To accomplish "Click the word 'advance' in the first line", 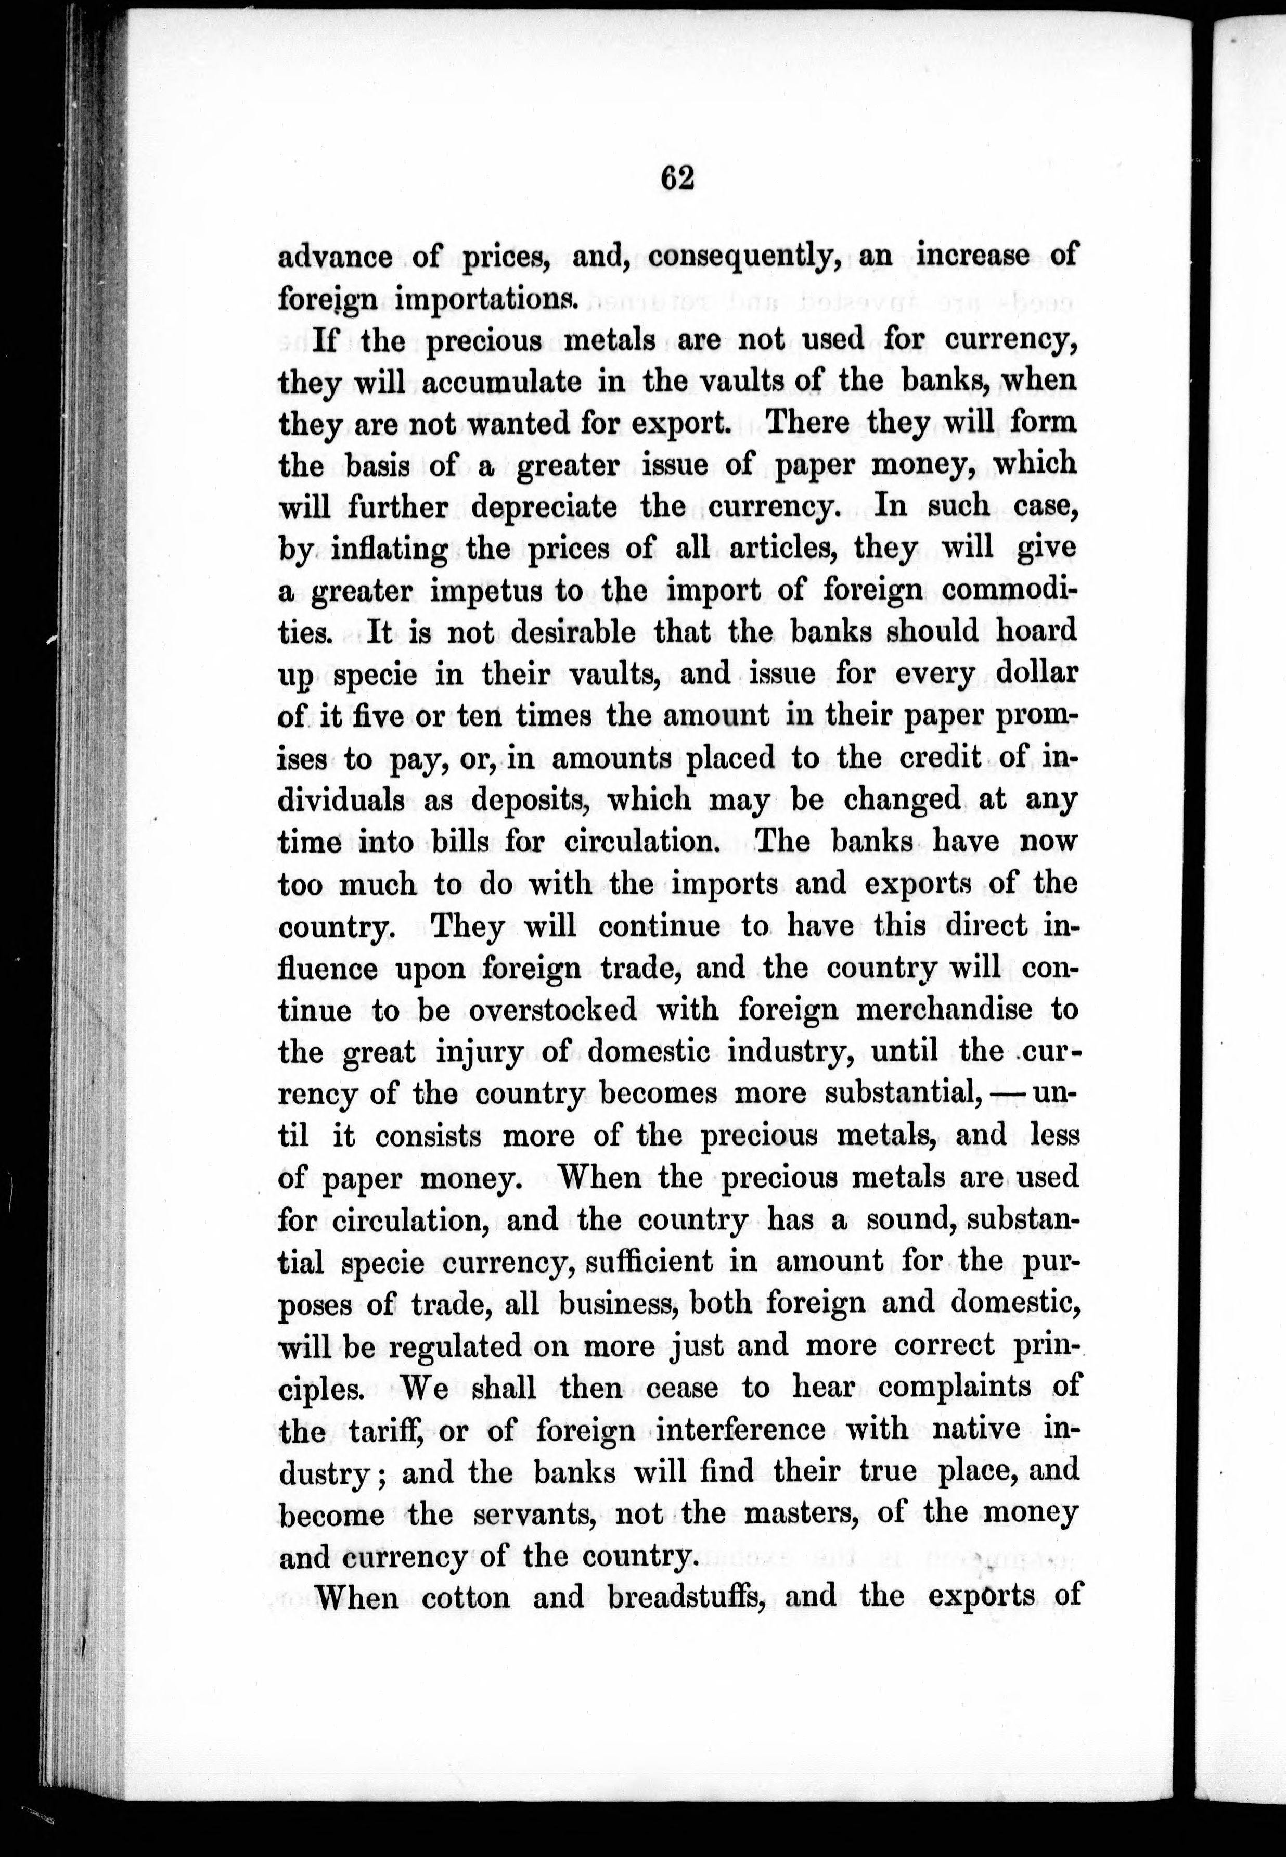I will [335, 258].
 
